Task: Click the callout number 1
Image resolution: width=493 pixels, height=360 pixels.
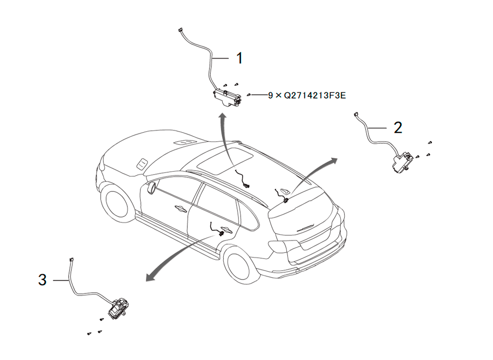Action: click(240, 59)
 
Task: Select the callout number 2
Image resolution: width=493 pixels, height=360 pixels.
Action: click(398, 128)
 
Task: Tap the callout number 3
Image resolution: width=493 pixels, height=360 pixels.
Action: click(42, 280)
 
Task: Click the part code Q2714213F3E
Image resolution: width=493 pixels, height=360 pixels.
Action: click(315, 95)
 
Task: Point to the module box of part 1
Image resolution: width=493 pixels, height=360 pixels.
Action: click(227, 97)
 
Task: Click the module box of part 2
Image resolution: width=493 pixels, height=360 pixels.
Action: click(401, 162)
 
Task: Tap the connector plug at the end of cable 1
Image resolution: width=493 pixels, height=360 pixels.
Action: click(180, 30)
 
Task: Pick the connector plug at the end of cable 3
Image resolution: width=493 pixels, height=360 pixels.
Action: click(71, 260)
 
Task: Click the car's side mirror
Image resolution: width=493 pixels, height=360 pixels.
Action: click(151, 188)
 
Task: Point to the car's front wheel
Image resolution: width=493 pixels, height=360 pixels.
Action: click(116, 201)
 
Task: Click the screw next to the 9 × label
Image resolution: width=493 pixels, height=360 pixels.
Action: click(248, 95)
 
